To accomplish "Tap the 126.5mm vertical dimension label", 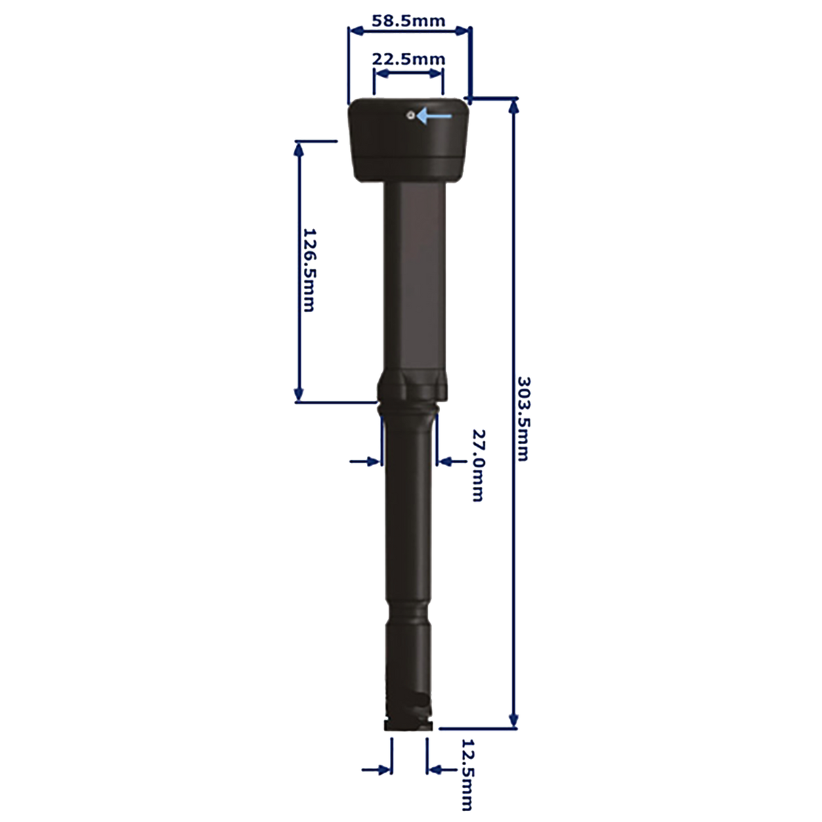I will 308,269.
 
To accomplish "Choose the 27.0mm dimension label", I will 477,464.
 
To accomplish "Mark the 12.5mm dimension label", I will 466,775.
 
